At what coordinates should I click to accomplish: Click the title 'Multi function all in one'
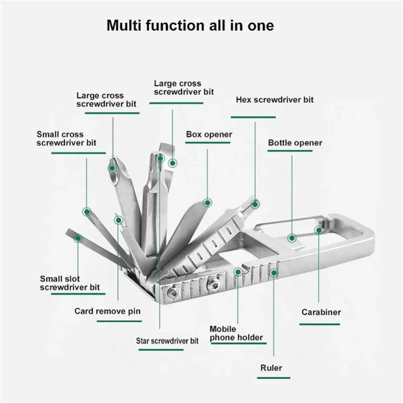tap(190, 26)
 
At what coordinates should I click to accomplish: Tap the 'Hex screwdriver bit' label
tap(275, 100)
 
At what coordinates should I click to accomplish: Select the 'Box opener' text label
tap(209, 135)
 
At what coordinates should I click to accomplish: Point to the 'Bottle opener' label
tap(295, 143)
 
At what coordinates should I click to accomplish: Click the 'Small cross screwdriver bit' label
tap(66, 139)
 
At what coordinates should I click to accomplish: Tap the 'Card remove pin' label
tap(107, 311)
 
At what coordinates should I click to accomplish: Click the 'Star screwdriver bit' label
tap(167, 341)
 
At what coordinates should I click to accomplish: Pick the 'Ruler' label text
tap(271, 368)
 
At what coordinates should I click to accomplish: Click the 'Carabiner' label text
tap(321, 312)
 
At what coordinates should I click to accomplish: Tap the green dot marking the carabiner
tap(318, 230)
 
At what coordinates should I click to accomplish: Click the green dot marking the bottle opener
tap(291, 237)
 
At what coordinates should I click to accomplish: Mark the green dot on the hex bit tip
tap(255, 204)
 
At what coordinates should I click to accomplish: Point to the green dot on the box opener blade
tap(207, 203)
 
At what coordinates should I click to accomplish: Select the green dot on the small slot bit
tap(78, 238)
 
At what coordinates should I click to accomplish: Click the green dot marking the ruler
tap(274, 273)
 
